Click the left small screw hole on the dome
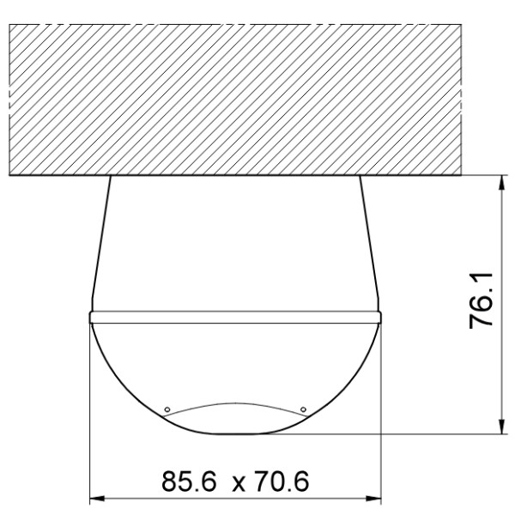pyautogui.click(x=167, y=408)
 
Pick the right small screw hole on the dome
pyautogui.click(x=304, y=408)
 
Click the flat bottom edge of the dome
pyautogui.click(x=235, y=433)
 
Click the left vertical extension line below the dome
pyautogui.click(x=90, y=412)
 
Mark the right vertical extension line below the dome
pyautogui.click(x=380, y=412)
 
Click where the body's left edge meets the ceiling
pyautogui.click(x=111, y=177)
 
